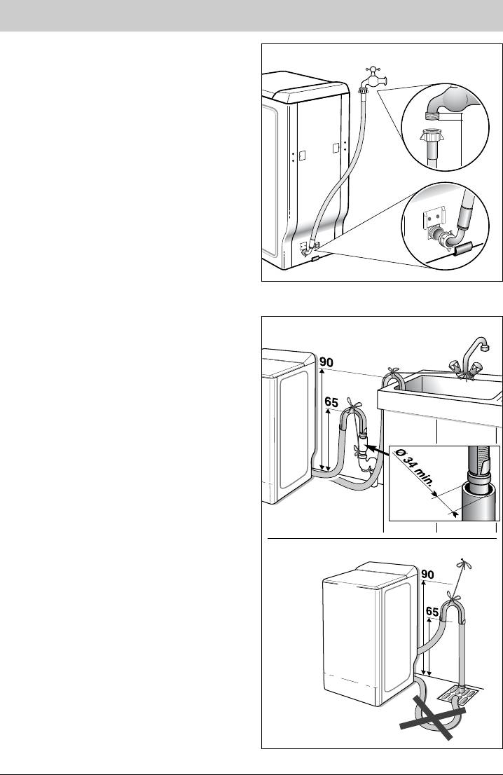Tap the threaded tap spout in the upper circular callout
[x=433, y=115]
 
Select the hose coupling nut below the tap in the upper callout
[x=431, y=135]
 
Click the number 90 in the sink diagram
[x=326, y=362]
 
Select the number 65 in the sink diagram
[x=332, y=402]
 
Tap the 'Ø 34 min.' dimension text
[x=416, y=472]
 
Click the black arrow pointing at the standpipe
[x=380, y=450]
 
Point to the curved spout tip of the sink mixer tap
[x=485, y=348]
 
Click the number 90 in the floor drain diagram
[x=427, y=575]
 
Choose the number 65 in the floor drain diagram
[x=432, y=612]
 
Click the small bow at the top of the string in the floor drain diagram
[x=462, y=563]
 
